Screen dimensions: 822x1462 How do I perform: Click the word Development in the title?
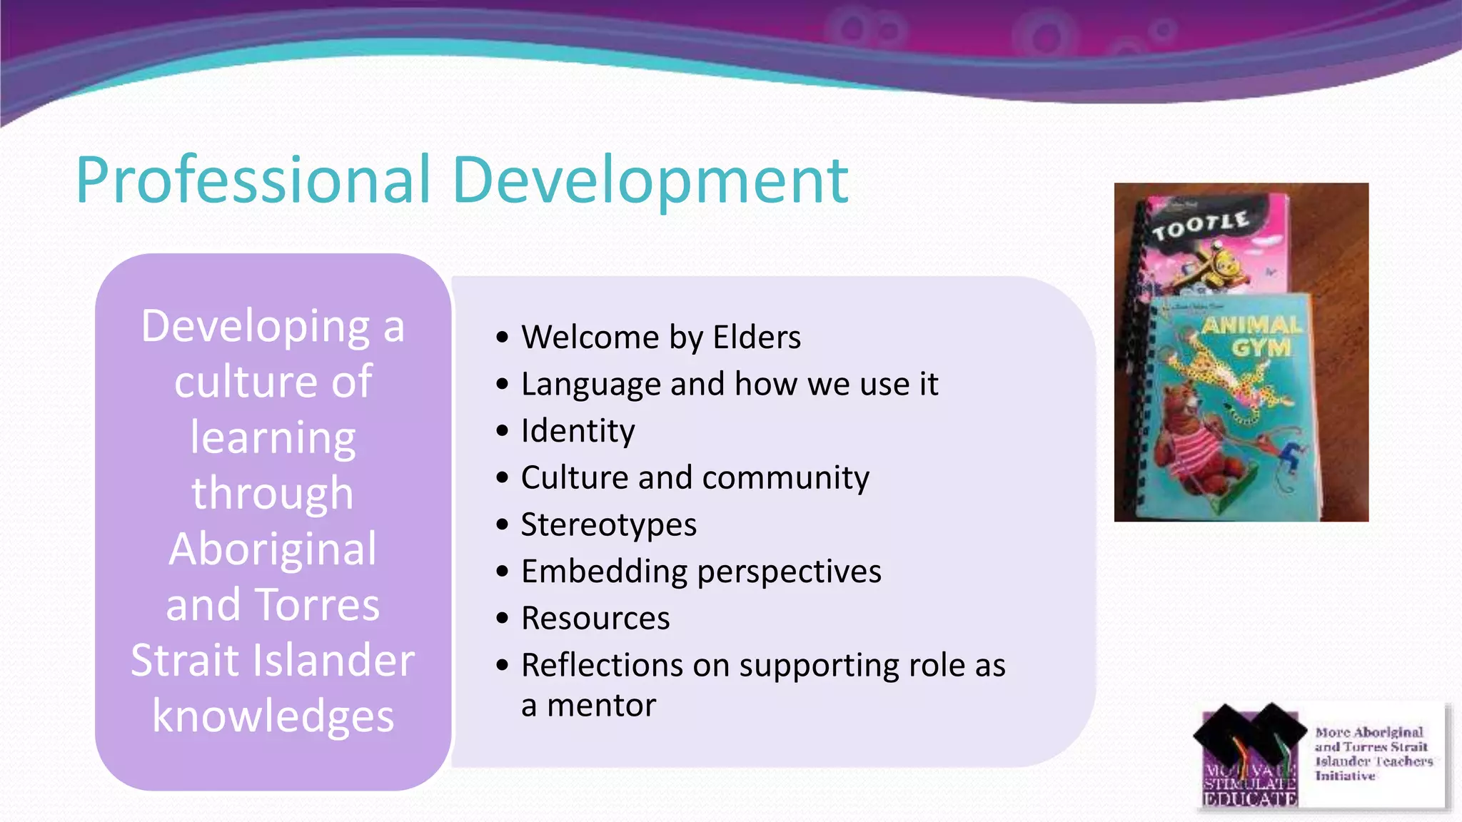[x=650, y=180]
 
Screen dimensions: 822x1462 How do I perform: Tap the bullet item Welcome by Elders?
[x=660, y=338]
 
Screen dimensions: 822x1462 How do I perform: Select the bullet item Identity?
[x=578, y=431]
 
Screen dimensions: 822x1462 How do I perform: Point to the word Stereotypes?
[x=608, y=525]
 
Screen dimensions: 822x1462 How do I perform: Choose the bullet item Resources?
[x=595, y=619]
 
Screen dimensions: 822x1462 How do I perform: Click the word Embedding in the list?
[x=603, y=572]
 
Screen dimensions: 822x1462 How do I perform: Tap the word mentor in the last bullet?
[x=601, y=706]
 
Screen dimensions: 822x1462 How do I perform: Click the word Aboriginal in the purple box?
[x=273, y=549]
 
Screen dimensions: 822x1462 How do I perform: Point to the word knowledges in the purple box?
[x=273, y=716]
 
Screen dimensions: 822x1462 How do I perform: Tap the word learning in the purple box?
[x=273, y=437]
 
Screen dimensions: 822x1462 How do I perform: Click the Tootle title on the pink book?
[x=1201, y=225]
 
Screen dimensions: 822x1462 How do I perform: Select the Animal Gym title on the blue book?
[x=1253, y=336]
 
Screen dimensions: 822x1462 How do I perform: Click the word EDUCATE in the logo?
[x=1249, y=799]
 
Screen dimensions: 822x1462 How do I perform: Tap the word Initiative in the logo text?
[x=1345, y=776]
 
